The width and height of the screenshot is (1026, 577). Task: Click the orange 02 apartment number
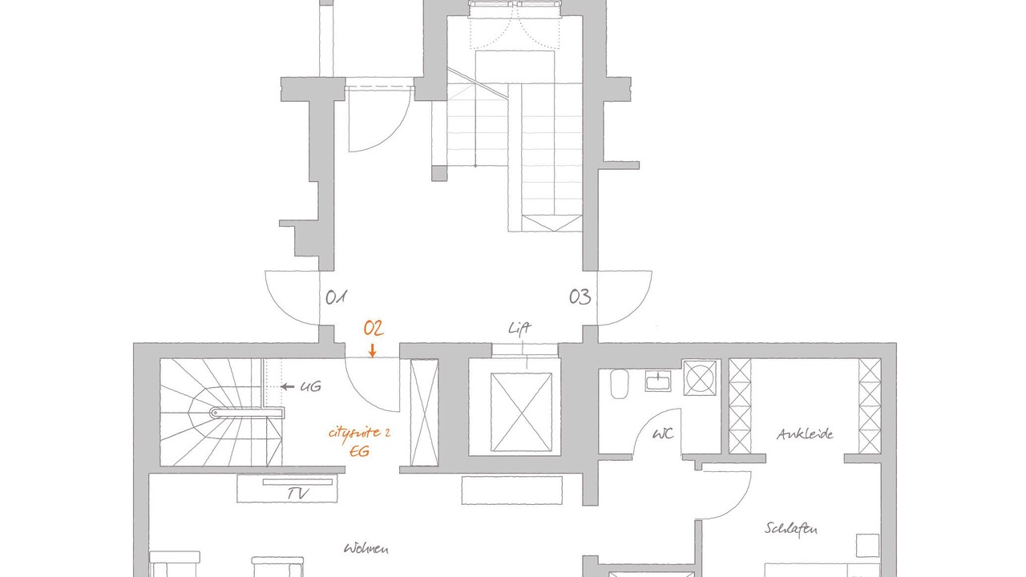click(374, 329)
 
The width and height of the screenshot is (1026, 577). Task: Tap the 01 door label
click(336, 297)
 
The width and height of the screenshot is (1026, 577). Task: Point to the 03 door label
click(580, 297)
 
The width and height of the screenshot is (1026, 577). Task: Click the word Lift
click(519, 329)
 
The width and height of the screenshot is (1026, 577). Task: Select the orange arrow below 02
click(373, 350)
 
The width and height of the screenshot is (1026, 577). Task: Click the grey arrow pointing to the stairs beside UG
click(287, 387)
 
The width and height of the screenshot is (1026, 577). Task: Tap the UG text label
click(310, 387)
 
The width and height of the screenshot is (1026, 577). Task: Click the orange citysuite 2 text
click(360, 433)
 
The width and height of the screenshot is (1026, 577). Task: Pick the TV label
click(297, 493)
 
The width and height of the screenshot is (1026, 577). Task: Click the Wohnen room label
click(366, 548)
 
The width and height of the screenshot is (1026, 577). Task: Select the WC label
click(663, 434)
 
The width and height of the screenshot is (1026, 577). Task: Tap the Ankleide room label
click(805, 434)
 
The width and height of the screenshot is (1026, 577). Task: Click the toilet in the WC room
click(620, 384)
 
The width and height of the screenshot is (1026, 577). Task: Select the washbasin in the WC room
click(658, 381)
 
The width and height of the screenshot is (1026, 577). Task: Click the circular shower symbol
click(700, 377)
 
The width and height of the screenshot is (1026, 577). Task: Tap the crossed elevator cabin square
click(521, 412)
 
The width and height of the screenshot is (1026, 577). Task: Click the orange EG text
click(359, 451)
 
